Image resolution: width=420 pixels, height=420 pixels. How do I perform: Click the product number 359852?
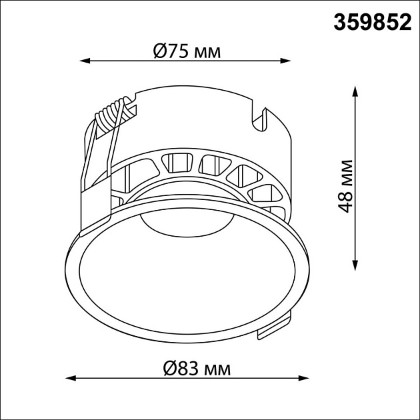pos(372,23)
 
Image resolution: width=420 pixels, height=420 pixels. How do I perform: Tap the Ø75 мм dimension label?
pos(187,51)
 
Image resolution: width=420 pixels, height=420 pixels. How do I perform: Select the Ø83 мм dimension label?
pos(197,368)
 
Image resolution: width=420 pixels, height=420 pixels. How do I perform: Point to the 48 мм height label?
pos(345,186)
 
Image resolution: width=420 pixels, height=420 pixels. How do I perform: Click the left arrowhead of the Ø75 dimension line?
pos(85,61)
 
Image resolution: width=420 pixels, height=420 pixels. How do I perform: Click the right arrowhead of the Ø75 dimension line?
pos(285,61)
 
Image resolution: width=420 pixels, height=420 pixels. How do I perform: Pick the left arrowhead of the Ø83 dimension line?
pos(71,378)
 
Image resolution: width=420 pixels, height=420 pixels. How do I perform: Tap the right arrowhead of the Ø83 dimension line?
pos(304,378)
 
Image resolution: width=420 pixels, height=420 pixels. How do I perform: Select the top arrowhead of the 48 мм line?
pos(355,91)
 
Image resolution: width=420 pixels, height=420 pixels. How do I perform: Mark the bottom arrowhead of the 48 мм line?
pos(355,265)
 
